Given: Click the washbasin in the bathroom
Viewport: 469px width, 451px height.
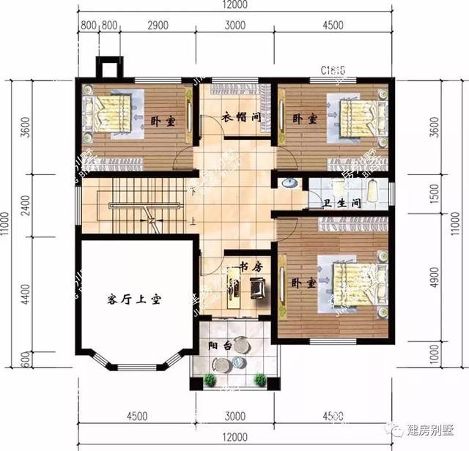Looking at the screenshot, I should click(288, 183).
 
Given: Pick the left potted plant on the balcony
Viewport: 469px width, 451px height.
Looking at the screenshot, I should click(210, 379).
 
